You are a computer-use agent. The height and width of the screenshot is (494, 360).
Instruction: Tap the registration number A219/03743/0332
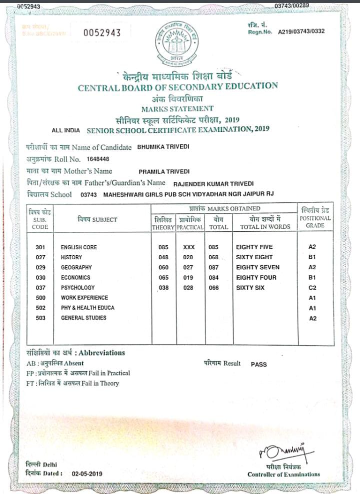click(x=297, y=31)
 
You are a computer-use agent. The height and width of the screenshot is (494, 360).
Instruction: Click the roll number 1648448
click(x=98, y=159)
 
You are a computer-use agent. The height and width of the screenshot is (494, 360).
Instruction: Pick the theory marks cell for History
click(x=164, y=257)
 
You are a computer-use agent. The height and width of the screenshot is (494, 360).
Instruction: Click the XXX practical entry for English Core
click(x=189, y=247)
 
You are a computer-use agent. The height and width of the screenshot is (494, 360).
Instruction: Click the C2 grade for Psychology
click(x=312, y=288)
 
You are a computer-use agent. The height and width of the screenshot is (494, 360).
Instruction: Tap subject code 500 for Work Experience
click(x=40, y=298)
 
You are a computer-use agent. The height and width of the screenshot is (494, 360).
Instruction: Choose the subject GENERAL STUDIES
click(x=83, y=318)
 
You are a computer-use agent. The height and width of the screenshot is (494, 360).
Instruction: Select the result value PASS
click(x=258, y=365)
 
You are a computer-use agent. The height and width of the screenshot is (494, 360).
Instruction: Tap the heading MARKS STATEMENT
click(x=177, y=108)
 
